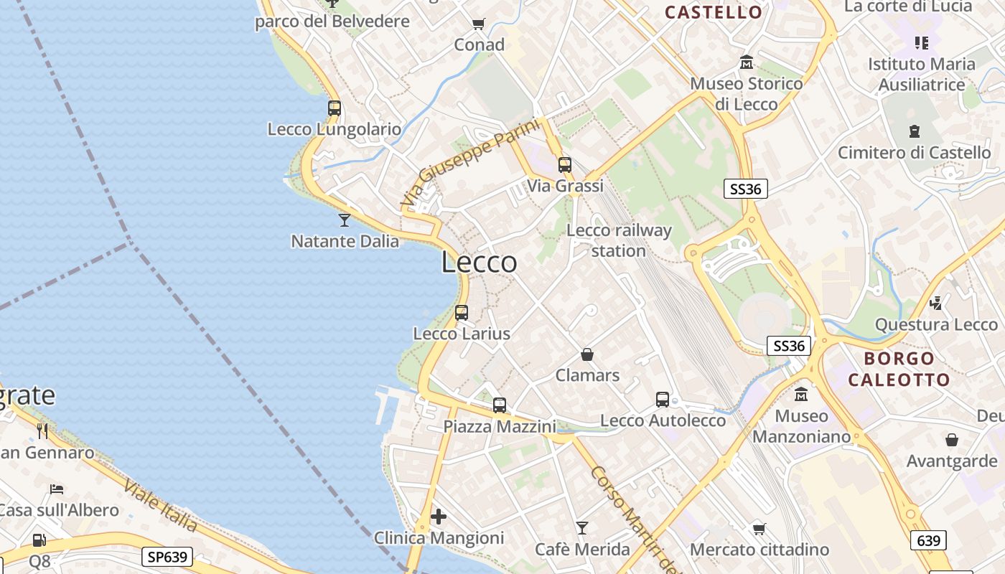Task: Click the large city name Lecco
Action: (x=479, y=263)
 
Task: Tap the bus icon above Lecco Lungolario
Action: (x=335, y=108)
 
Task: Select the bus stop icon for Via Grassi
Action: (x=565, y=165)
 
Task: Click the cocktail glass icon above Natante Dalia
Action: (x=345, y=220)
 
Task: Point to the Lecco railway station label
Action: (x=619, y=240)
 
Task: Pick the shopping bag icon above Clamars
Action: (x=587, y=354)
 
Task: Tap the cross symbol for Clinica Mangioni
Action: (x=439, y=517)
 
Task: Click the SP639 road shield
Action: (x=167, y=557)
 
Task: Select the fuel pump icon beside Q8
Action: (x=39, y=540)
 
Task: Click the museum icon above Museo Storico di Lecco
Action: (x=747, y=62)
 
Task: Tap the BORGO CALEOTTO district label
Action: (x=899, y=369)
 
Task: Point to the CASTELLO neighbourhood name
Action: (x=713, y=12)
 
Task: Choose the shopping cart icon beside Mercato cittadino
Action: (x=759, y=529)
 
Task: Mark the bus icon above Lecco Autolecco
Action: (x=663, y=400)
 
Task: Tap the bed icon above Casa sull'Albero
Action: (x=57, y=489)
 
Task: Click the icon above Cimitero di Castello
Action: (x=915, y=131)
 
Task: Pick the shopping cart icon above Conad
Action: (x=479, y=24)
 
